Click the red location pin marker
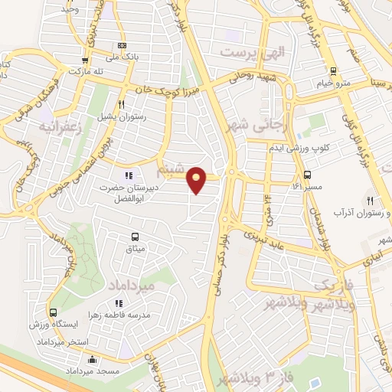tap(198, 179)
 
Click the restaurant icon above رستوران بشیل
tap(121, 104)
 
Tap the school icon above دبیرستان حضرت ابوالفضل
tap(129, 175)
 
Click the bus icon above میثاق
tap(135, 237)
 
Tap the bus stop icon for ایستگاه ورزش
tap(53, 312)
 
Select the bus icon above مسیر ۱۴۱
tap(307, 175)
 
